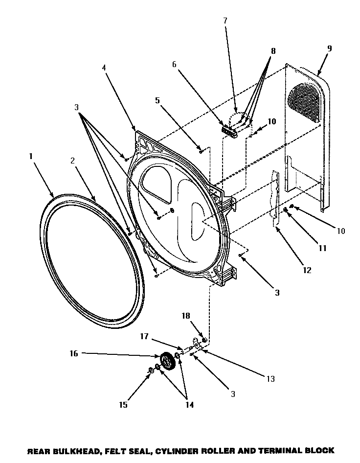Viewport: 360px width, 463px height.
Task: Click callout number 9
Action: [329, 48]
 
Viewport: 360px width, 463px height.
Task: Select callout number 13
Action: [270, 379]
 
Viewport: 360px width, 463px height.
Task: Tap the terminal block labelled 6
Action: [230, 130]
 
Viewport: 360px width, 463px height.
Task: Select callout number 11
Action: [322, 248]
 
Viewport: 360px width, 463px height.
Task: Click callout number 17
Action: [145, 336]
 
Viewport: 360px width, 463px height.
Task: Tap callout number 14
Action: [189, 405]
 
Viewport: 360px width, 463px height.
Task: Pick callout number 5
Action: [157, 101]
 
